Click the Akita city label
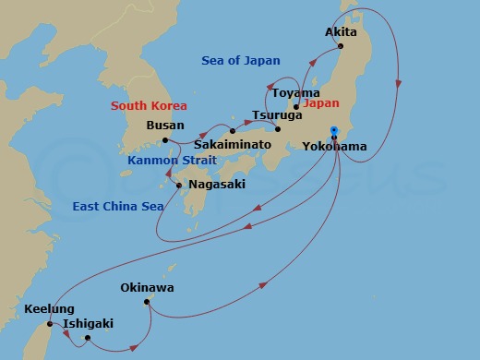click(x=341, y=31)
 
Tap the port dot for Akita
click(x=341, y=46)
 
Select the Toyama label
click(x=297, y=93)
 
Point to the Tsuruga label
click(x=277, y=115)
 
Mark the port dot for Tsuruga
click(x=278, y=128)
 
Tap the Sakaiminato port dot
click(x=233, y=131)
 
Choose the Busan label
click(x=165, y=126)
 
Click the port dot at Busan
click(x=165, y=140)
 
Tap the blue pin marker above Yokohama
click(x=334, y=130)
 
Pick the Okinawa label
click(x=147, y=288)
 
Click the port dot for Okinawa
click(x=146, y=302)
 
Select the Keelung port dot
click(x=50, y=324)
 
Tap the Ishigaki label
click(x=89, y=324)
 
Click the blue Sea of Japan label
click(x=241, y=61)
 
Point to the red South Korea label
click(x=149, y=106)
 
